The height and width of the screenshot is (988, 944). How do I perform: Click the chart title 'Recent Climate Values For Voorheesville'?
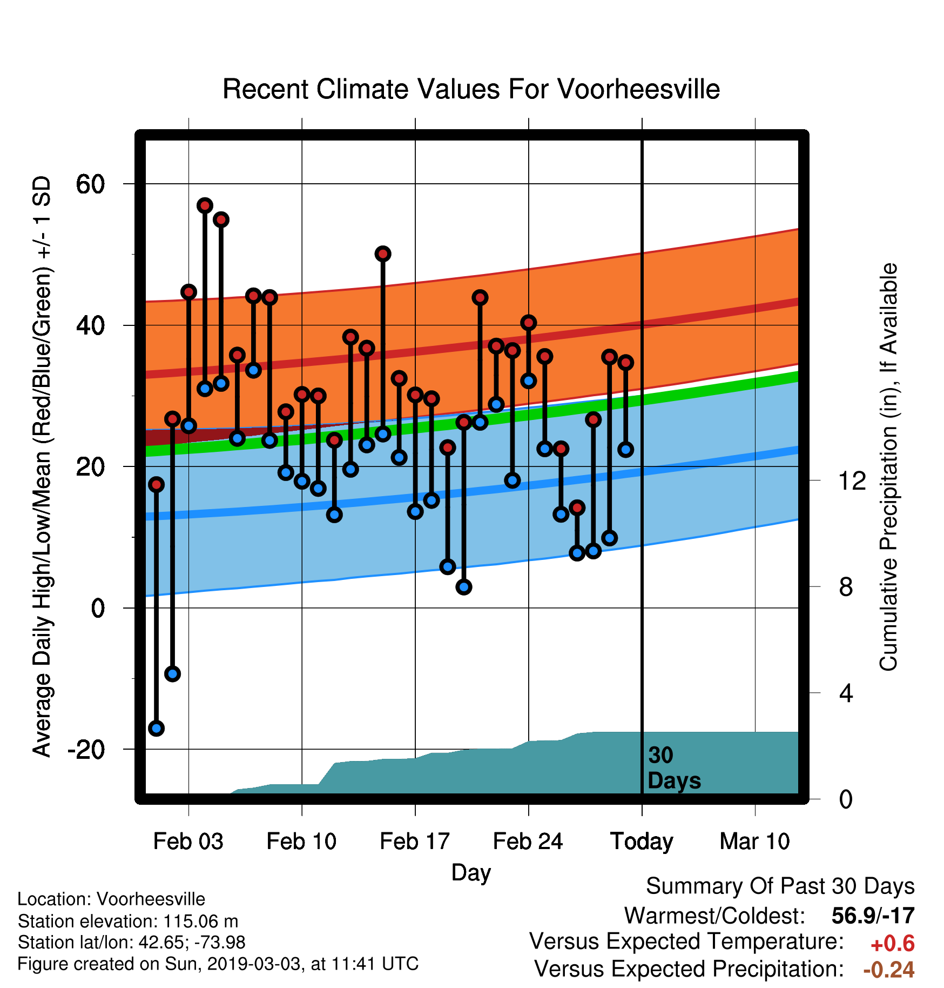[x=471, y=89]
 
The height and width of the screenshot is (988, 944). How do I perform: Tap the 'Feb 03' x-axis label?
[x=188, y=842]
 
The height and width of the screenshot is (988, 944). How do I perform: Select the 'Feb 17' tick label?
[x=415, y=842]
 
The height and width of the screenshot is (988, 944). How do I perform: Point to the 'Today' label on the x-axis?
[x=642, y=842]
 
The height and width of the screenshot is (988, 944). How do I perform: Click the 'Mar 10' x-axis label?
[x=755, y=842]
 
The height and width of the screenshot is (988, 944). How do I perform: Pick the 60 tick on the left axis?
[x=90, y=184]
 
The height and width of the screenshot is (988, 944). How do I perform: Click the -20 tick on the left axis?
[x=86, y=750]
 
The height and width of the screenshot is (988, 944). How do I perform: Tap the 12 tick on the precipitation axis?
[x=852, y=480]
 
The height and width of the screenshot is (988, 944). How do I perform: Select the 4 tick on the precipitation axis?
[x=846, y=693]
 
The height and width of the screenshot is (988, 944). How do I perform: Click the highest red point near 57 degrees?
[x=205, y=205]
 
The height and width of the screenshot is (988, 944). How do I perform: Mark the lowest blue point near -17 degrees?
[x=157, y=728]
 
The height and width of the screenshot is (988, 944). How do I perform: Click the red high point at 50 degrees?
[x=383, y=253]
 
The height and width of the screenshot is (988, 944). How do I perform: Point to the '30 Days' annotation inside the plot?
[x=674, y=768]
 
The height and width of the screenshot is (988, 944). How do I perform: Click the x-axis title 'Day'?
[x=471, y=873]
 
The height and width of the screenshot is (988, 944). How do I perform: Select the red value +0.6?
[x=893, y=944]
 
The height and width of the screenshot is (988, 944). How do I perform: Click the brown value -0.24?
[x=889, y=970]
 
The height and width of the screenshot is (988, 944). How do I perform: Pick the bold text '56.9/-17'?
[x=873, y=916]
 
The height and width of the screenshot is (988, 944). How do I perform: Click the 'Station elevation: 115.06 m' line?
[x=128, y=921]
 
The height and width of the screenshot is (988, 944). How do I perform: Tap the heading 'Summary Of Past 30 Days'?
[x=780, y=886]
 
